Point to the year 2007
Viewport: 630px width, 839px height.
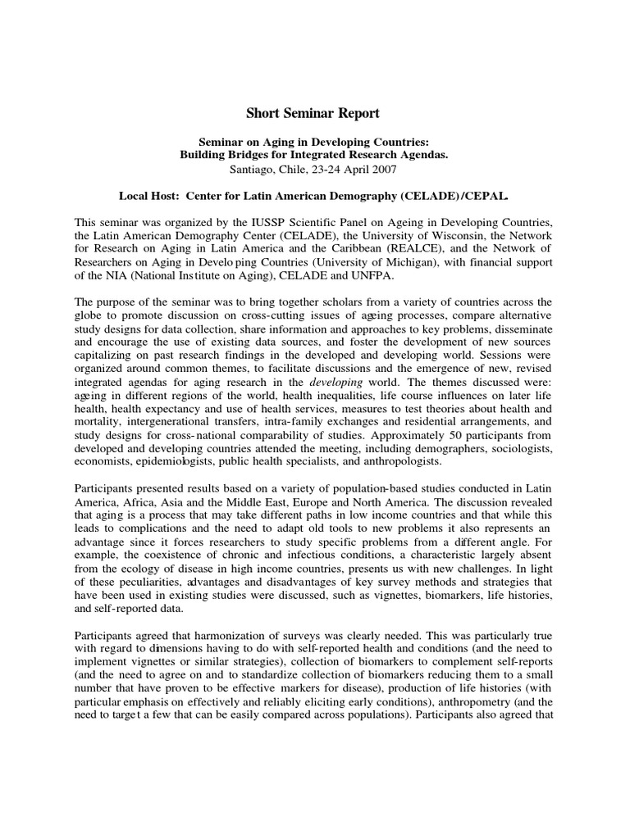381,170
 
